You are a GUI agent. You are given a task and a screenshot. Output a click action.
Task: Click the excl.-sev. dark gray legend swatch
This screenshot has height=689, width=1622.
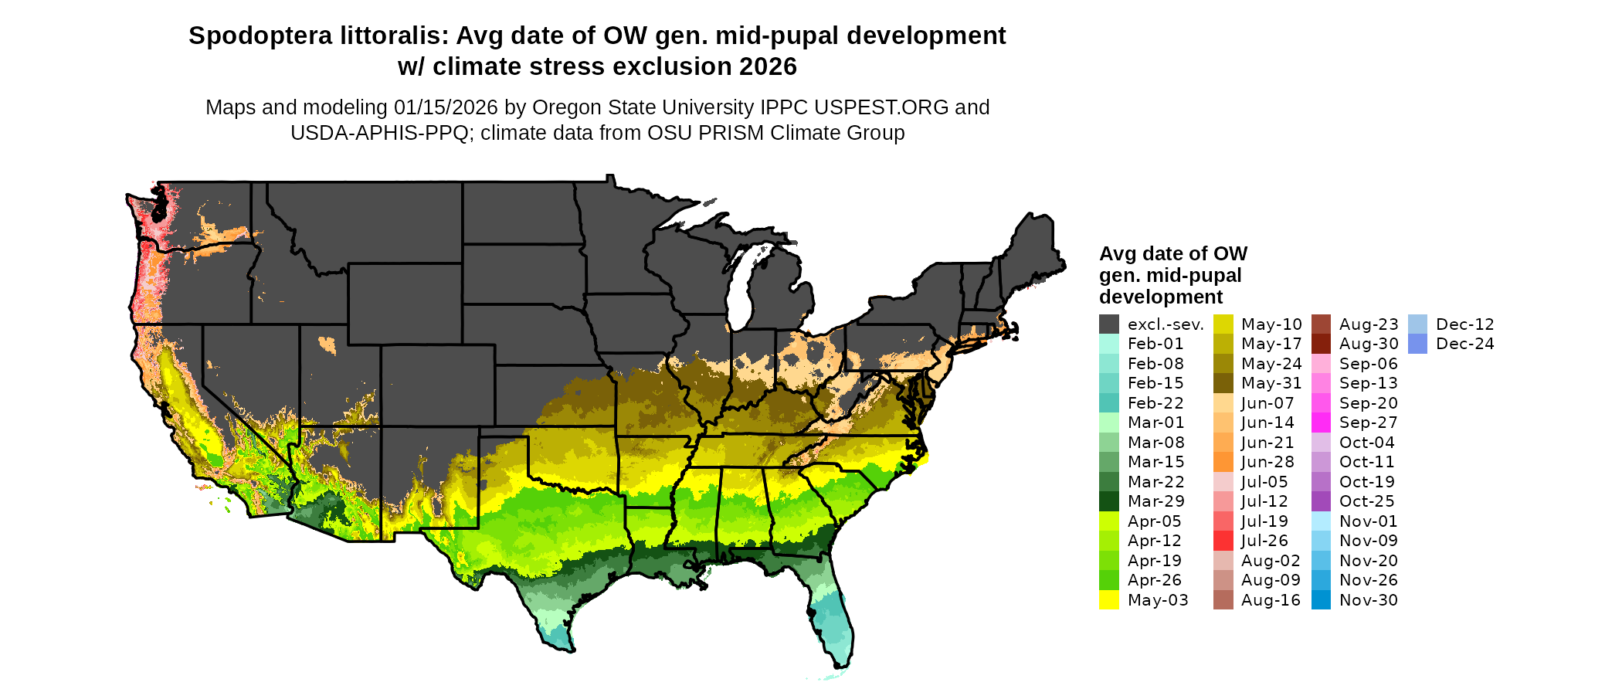pyautogui.click(x=1109, y=324)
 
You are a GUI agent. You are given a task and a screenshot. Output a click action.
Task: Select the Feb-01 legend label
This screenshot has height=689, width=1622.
pyautogui.click(x=1155, y=344)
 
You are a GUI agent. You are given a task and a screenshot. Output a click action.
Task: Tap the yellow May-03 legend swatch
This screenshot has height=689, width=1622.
pyautogui.click(x=1109, y=600)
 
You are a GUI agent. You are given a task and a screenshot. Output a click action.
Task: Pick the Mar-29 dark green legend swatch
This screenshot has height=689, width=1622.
pyautogui.click(x=1109, y=501)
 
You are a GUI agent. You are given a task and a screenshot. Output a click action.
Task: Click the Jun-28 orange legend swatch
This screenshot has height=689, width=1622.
pyautogui.click(x=1223, y=462)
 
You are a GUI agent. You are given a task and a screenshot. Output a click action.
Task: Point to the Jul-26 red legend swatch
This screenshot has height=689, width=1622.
pyautogui.click(x=1223, y=541)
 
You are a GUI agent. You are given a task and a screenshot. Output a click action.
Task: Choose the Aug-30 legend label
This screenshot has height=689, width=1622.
pyautogui.click(x=1369, y=344)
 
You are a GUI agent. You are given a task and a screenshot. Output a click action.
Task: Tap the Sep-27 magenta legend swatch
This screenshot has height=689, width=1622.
pyautogui.click(x=1322, y=423)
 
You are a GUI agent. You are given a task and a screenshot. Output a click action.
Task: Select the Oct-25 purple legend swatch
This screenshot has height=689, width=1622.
pyautogui.click(x=1322, y=501)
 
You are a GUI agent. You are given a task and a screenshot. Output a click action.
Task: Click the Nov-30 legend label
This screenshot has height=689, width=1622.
pyautogui.click(x=1369, y=600)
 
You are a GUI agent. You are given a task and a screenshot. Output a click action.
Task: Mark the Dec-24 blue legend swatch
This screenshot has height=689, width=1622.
pyautogui.click(x=1418, y=344)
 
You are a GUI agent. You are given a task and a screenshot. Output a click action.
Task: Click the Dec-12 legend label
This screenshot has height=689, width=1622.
pyautogui.click(x=1465, y=324)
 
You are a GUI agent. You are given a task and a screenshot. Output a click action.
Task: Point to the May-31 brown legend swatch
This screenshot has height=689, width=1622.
pyautogui.click(x=1223, y=383)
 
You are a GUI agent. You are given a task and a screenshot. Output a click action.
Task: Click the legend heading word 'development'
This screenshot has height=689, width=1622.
pyautogui.click(x=1161, y=297)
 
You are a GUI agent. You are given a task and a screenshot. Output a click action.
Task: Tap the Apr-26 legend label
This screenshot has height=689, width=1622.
pyautogui.click(x=1154, y=580)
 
